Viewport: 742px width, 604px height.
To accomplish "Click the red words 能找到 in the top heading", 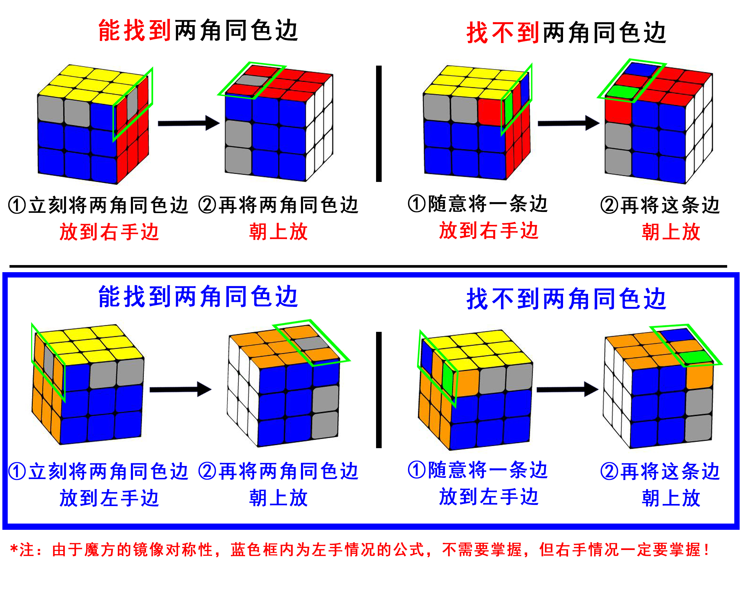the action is (x=134, y=31).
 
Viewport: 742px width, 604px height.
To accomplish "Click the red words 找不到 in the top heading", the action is (x=503, y=33).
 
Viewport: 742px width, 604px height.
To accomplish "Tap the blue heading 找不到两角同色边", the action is (x=566, y=299).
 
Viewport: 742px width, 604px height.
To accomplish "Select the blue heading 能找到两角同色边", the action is (x=198, y=297).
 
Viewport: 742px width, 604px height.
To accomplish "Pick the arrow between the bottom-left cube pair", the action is (x=180, y=389).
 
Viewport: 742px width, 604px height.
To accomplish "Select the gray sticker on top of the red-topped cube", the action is (x=252, y=80).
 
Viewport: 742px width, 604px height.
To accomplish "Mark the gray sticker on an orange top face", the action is (x=312, y=343).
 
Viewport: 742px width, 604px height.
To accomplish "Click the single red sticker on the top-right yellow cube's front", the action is (x=491, y=111).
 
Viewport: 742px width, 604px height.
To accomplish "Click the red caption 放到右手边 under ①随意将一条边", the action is (x=489, y=230).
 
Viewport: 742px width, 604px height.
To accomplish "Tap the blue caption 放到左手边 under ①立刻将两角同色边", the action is (x=109, y=497).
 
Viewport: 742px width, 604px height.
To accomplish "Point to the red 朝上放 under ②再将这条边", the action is (x=671, y=232).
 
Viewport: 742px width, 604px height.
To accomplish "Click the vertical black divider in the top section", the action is (x=379, y=123).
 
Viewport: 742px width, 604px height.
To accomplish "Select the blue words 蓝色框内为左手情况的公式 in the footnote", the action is (x=327, y=550).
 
